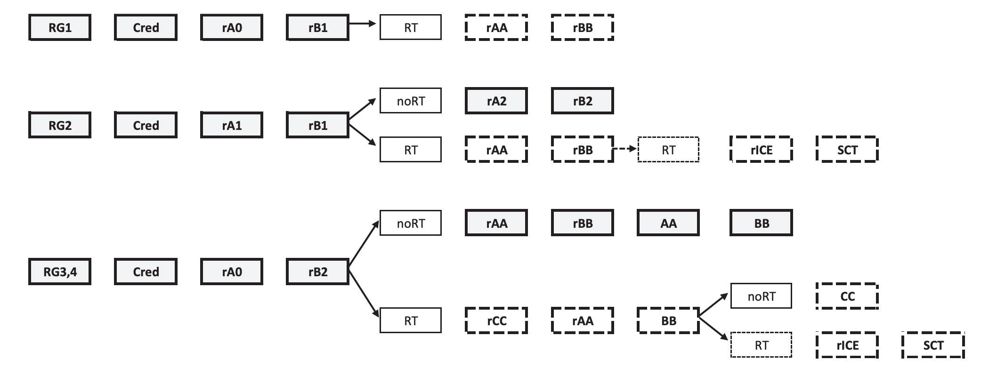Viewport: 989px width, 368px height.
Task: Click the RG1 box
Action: (60, 27)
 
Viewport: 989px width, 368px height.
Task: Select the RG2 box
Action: (60, 125)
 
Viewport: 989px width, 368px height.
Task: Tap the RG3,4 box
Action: (60, 272)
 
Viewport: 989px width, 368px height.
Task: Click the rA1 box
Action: (232, 125)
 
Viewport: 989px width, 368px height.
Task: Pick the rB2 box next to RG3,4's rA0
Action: (318, 272)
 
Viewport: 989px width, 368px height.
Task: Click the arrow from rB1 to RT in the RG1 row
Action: (363, 23)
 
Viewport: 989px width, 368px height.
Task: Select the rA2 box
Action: (496, 101)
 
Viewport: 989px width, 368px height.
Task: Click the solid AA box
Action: (668, 223)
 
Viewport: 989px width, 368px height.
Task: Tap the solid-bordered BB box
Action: (762, 223)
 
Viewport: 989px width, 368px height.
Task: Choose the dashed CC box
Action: (847, 296)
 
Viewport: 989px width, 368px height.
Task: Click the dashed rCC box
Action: (496, 320)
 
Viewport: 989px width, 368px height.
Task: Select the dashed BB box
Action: (668, 320)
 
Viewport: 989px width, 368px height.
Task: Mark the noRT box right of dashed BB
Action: (761, 296)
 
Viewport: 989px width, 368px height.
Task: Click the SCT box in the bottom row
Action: (933, 345)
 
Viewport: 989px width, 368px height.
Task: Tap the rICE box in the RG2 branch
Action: (762, 150)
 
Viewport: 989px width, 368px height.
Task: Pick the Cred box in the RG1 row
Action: (146, 27)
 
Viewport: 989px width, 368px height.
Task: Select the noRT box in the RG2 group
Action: (411, 101)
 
